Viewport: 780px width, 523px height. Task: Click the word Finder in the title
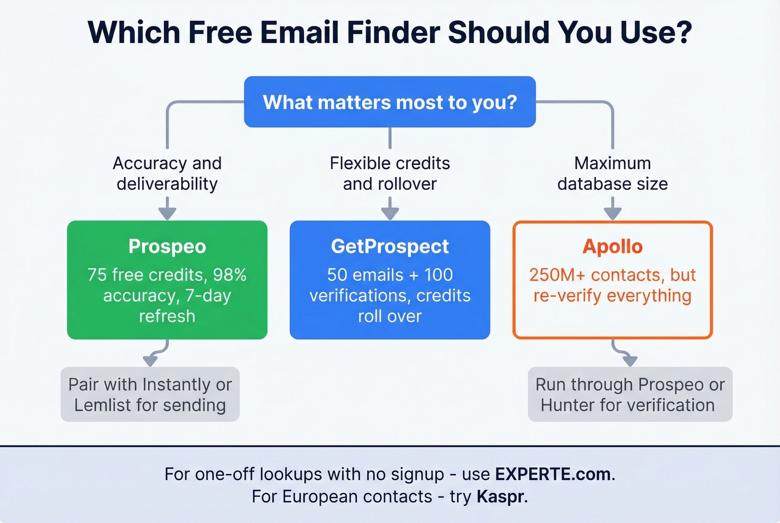pos(393,32)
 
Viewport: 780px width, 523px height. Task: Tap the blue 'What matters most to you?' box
pos(390,102)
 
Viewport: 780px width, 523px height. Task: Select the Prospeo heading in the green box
pos(167,246)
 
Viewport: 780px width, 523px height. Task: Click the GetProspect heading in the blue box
pos(390,246)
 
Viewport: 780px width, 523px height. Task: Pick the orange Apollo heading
pos(612,246)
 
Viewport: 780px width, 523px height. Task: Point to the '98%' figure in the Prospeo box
pos(230,275)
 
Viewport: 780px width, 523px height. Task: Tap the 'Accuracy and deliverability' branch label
pos(167,173)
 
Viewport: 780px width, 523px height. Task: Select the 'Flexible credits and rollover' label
pos(390,173)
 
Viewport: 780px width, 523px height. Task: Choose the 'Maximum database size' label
pos(612,173)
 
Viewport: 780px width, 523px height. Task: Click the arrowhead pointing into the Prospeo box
pos(167,213)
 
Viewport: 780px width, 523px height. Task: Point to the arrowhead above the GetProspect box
pos(390,213)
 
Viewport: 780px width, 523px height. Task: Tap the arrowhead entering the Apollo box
pos(612,213)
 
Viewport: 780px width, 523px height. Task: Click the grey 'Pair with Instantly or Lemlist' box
pos(150,394)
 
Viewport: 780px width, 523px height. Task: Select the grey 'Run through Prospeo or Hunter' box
pos(630,394)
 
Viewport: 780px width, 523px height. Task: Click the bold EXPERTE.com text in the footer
pos(553,474)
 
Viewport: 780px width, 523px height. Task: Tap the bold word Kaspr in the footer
pos(500,496)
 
